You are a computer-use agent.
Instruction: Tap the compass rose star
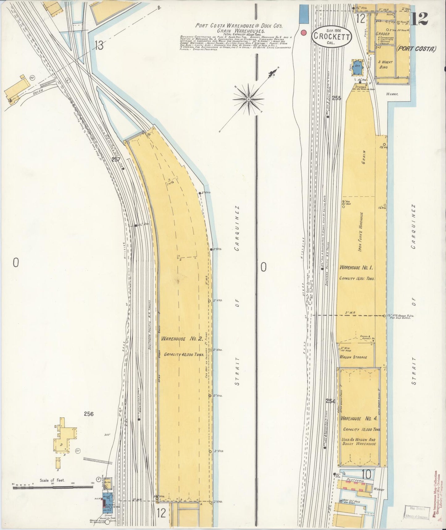pos(248,99)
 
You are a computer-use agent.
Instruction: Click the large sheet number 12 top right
pos(419,19)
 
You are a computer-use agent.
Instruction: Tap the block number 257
pos(116,160)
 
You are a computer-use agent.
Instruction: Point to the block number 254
pos(330,401)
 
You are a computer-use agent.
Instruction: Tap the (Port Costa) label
pos(416,48)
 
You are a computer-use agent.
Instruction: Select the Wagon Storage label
pos(353,357)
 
